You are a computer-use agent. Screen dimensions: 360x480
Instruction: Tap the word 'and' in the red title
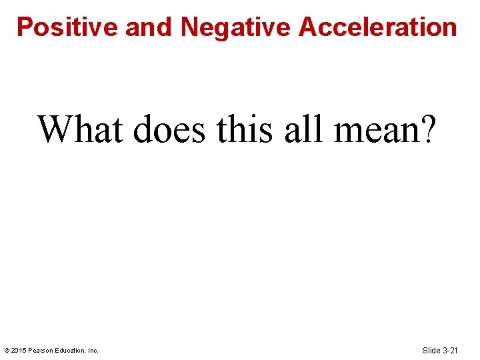coord(149,27)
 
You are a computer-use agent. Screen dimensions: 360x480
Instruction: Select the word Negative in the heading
coord(236,27)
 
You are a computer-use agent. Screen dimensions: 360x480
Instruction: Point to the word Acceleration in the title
coord(378,27)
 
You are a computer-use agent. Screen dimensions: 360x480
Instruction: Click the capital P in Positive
coord(25,27)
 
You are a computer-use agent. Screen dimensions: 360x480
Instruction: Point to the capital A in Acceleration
coord(308,27)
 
